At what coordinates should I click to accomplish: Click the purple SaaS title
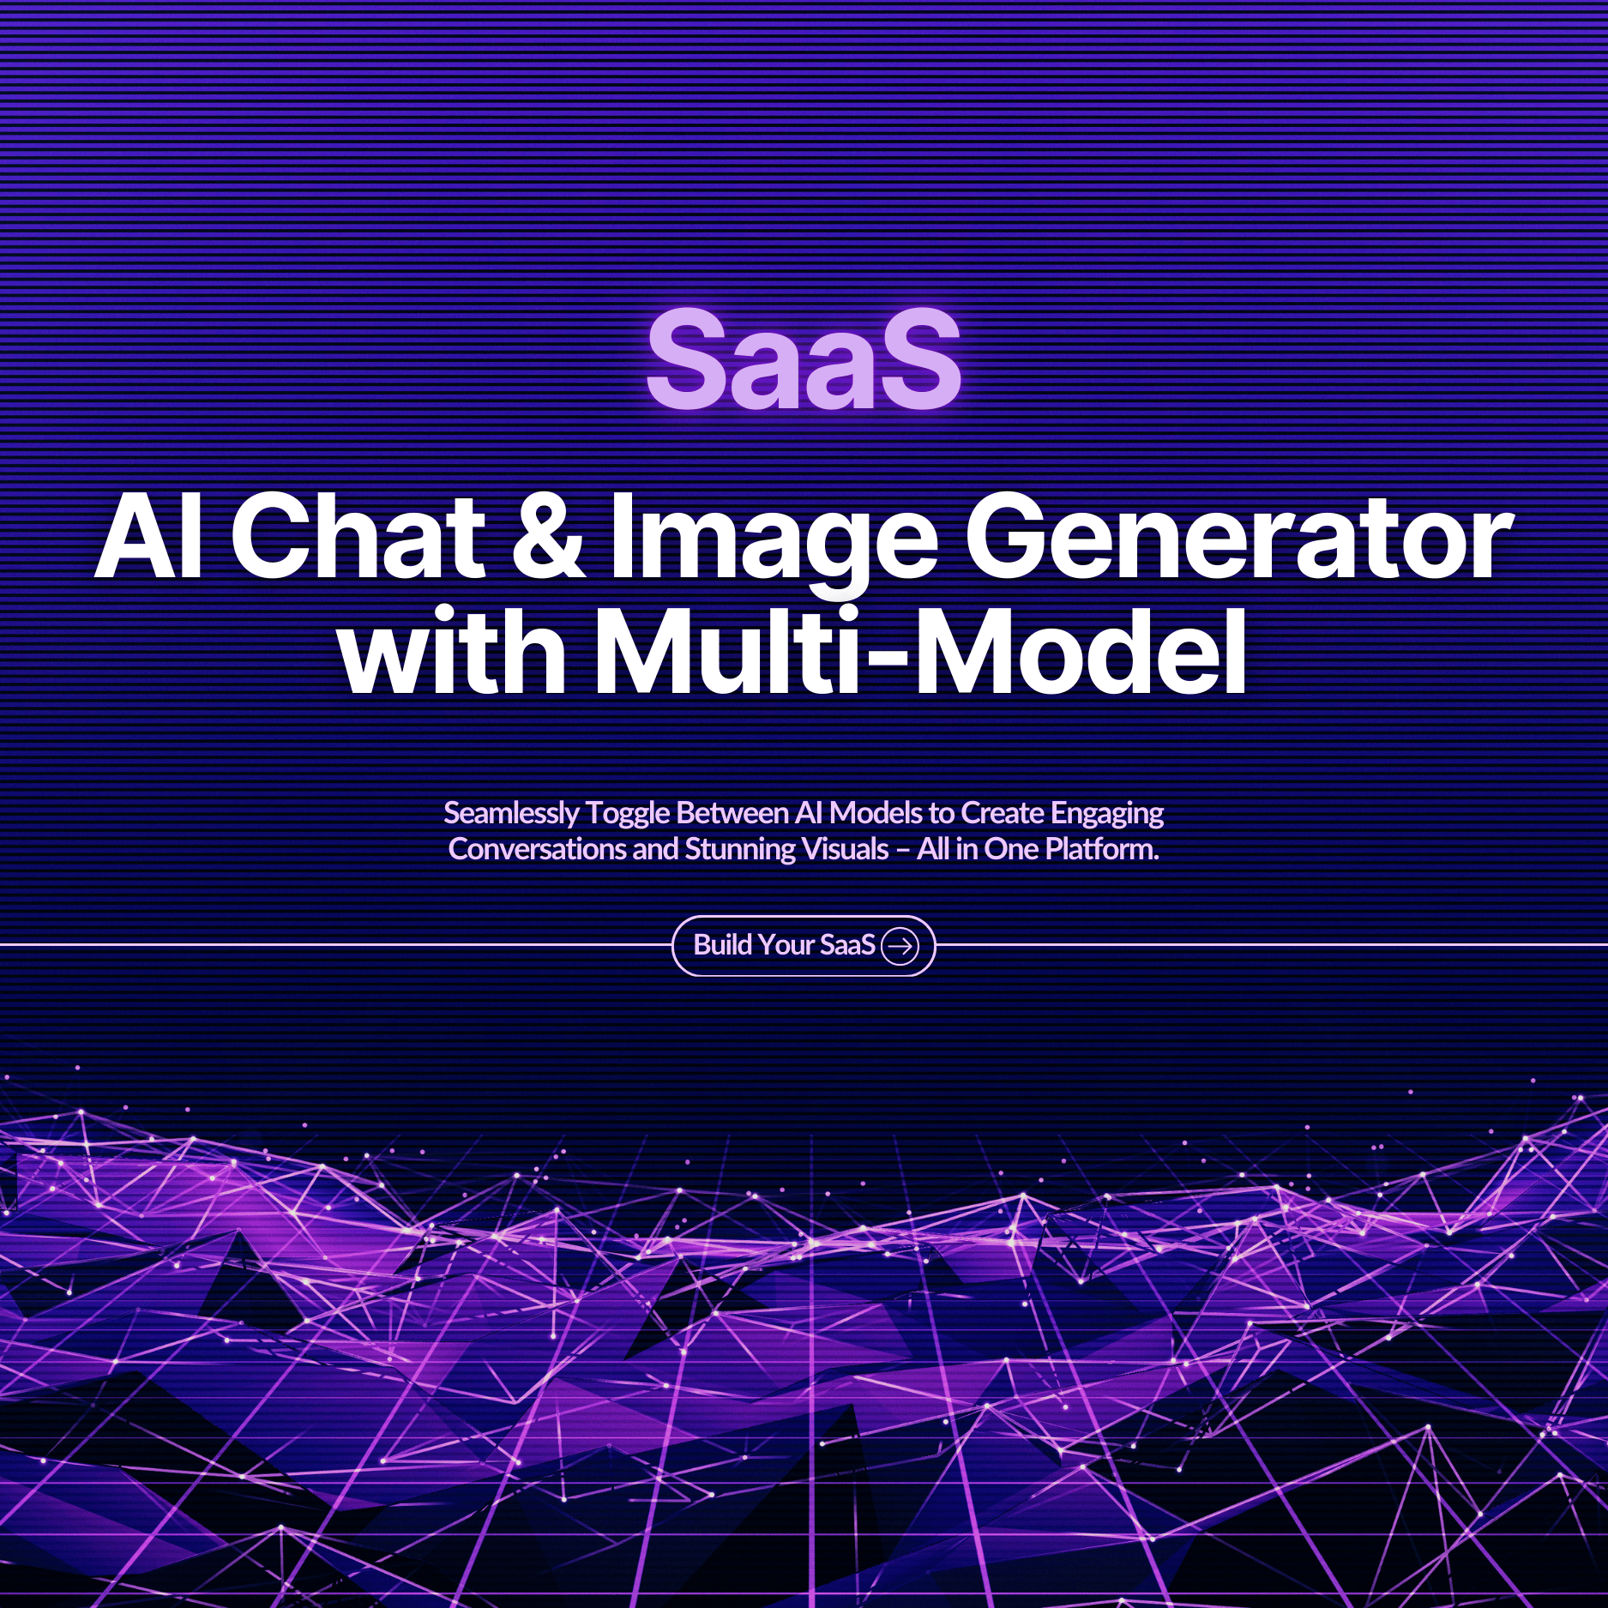point(804,359)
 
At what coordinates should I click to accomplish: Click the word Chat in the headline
point(358,538)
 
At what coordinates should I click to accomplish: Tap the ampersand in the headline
point(548,538)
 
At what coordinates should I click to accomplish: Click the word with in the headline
point(452,651)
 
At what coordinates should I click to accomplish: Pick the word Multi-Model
point(920,651)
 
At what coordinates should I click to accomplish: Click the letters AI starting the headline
point(149,538)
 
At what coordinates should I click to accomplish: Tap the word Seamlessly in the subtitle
point(511,813)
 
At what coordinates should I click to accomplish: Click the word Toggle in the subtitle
point(628,813)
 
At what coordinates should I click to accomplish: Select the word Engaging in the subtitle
point(1107,813)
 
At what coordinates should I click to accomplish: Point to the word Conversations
point(537,849)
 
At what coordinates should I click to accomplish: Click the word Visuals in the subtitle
point(846,849)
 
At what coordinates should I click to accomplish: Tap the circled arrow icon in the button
point(900,946)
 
